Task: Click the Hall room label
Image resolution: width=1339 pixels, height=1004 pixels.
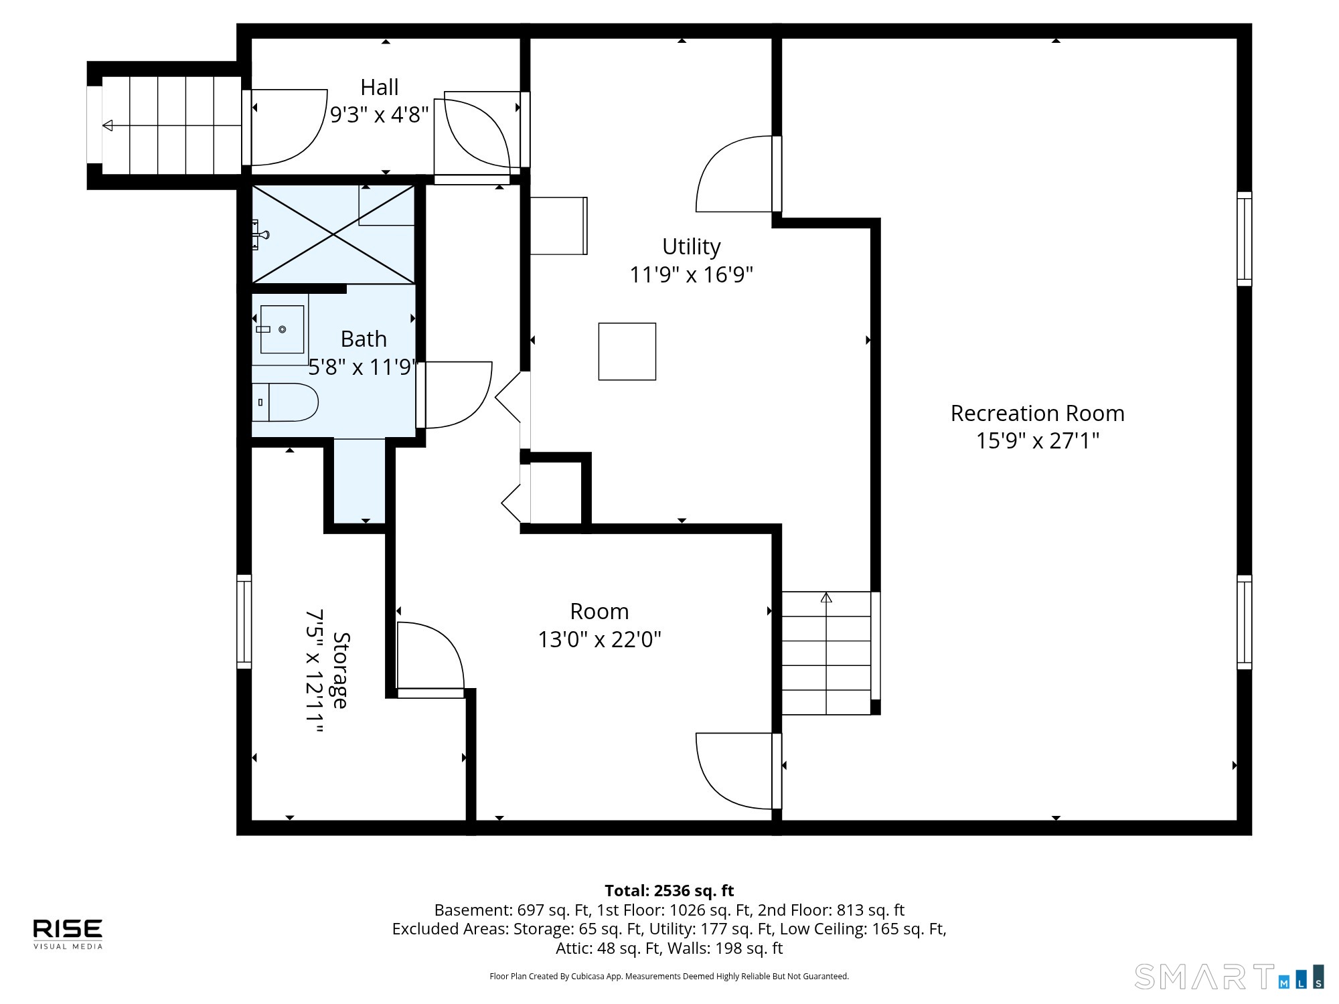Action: coord(380,87)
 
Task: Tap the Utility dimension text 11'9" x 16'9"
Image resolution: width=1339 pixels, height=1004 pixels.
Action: coord(691,274)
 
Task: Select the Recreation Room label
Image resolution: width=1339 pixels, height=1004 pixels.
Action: coord(1037,413)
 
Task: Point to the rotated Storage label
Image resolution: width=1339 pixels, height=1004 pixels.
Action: coord(341,670)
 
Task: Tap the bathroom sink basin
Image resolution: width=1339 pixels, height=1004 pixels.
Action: coord(282,329)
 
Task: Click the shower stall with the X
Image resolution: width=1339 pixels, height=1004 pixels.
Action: coord(333,234)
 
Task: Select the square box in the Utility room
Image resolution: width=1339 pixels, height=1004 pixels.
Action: coord(627,351)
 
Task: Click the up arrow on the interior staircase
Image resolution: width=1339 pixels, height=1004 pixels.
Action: coord(826,597)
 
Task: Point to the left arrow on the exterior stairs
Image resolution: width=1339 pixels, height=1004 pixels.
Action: coord(108,125)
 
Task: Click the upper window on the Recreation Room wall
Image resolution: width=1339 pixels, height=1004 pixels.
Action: coord(1244,239)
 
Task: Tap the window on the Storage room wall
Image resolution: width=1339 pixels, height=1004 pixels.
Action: coord(244,621)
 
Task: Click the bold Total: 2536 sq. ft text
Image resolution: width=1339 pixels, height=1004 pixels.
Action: coord(669,890)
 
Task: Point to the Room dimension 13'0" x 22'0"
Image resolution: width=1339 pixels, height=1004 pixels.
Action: coord(599,639)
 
